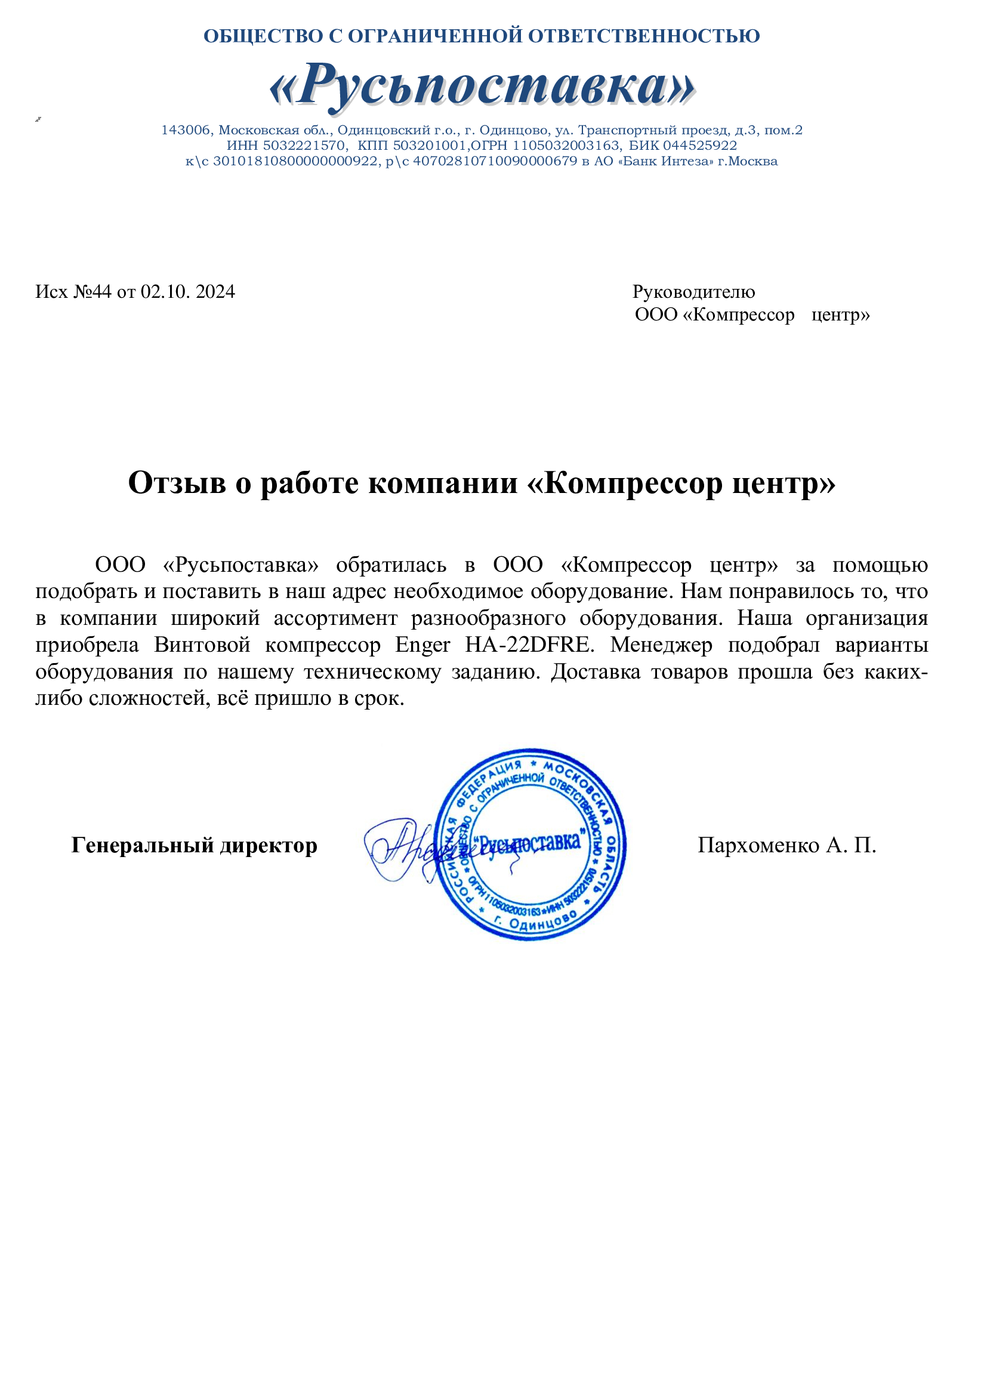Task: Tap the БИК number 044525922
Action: (x=699, y=146)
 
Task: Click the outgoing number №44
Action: (x=92, y=292)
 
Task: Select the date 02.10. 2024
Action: (x=188, y=292)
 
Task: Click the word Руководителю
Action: (x=693, y=292)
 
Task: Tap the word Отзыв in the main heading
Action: (x=177, y=483)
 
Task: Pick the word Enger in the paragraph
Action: (x=422, y=645)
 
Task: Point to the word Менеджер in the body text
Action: (x=661, y=645)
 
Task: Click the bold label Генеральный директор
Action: (x=194, y=845)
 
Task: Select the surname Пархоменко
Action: (x=758, y=845)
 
